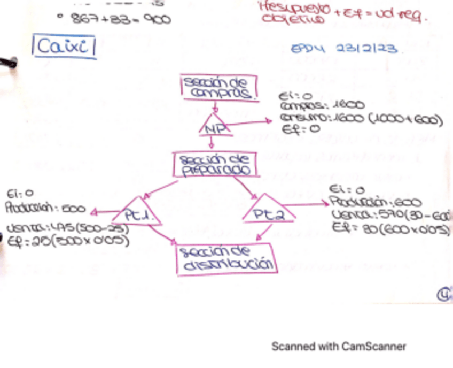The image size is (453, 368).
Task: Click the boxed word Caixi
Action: [64, 47]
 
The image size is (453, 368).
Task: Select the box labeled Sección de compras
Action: [218, 88]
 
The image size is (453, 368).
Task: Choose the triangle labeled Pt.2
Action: [267, 213]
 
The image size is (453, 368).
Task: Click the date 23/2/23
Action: [367, 49]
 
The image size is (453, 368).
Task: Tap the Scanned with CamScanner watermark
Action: [339, 346]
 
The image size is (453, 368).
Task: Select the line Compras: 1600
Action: [322, 106]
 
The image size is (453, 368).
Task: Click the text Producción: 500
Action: [45, 208]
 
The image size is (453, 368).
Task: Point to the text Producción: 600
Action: [375, 203]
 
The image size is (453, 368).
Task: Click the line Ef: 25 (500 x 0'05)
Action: [69, 241]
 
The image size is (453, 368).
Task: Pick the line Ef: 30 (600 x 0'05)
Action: [390, 229]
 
